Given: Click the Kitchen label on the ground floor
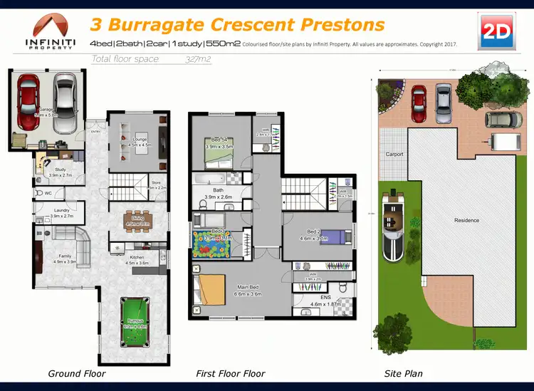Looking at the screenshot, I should click(136, 257).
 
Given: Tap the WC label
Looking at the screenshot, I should click(48, 192).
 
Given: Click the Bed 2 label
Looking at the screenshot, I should click(314, 232).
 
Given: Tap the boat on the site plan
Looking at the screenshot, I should click(394, 228).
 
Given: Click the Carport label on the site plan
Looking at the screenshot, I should click(394, 154).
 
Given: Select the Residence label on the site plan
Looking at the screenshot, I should click(466, 220).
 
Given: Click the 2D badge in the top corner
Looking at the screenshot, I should click(496, 31).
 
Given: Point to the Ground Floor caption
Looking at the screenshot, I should click(76, 373).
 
